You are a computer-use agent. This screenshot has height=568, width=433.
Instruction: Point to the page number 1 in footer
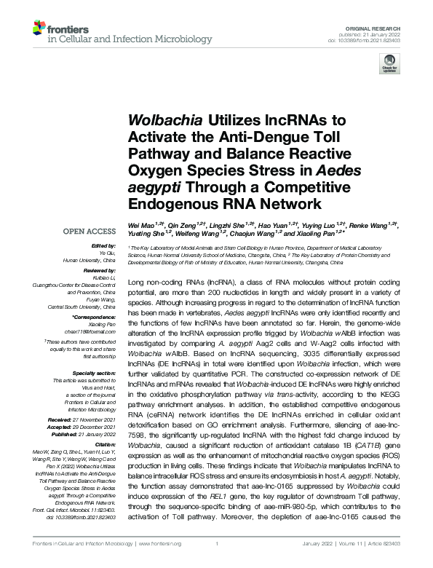click(x=217, y=543)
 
